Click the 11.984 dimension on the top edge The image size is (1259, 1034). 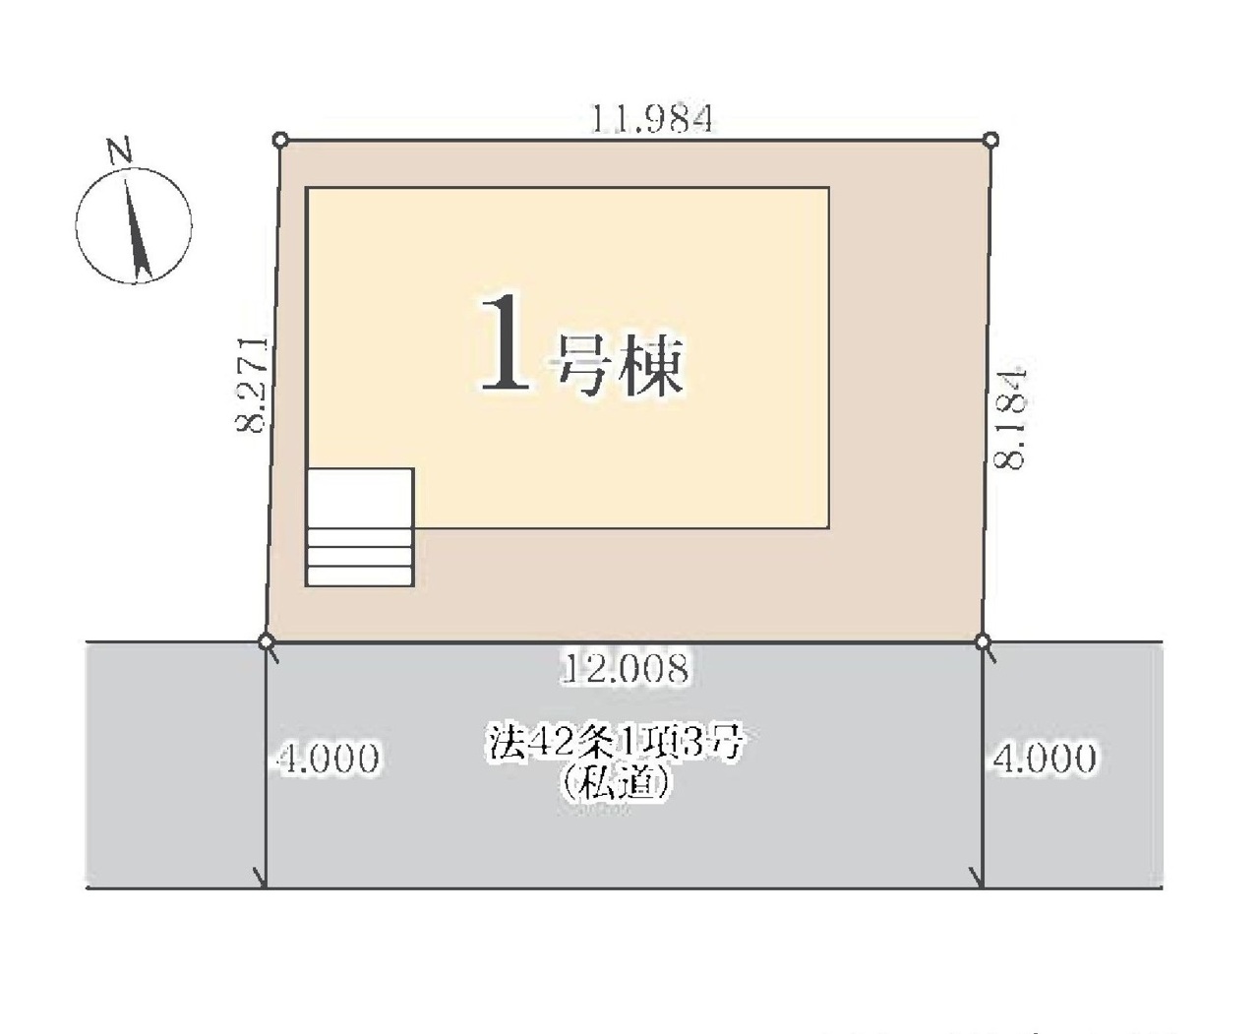tap(651, 119)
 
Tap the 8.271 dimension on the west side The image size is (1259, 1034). tap(251, 384)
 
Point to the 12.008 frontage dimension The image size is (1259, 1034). tap(625, 668)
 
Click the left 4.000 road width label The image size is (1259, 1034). tap(329, 759)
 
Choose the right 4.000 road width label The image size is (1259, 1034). tap(1045, 758)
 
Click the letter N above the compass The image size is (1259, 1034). tap(120, 151)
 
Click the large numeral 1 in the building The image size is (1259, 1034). tap(505, 344)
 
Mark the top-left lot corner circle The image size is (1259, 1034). tap(280, 141)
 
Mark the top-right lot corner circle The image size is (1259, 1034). tap(990, 141)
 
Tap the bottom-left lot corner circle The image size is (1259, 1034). tap(267, 642)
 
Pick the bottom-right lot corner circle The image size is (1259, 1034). tap(983, 642)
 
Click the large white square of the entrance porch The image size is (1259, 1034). tap(360, 499)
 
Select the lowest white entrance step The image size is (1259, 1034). tap(360, 577)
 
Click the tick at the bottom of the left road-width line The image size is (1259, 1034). tap(261, 879)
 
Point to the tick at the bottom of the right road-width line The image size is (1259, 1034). tap(977, 879)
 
